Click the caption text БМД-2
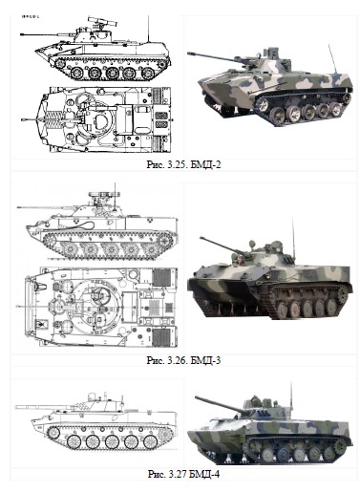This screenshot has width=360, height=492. [x=205, y=164]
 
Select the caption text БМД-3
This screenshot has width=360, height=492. [x=205, y=360]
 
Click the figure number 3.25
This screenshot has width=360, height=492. [x=177, y=164]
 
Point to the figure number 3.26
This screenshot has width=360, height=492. [x=177, y=360]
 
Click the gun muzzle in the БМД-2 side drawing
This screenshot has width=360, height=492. [x=22, y=34]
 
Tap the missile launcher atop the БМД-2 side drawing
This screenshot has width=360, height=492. [x=102, y=22]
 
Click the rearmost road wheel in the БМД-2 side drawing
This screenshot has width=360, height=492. [x=148, y=73]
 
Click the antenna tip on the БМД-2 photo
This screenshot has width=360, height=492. [x=329, y=46]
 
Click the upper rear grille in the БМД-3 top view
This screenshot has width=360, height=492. [x=161, y=278]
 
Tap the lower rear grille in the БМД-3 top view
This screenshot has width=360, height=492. [x=161, y=337]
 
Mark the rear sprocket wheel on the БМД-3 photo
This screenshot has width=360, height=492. [x=343, y=294]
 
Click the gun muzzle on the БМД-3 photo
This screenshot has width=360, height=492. [x=201, y=238]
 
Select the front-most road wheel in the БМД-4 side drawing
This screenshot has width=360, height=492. [x=74, y=442]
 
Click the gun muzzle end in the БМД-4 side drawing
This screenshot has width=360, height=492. [x=17, y=407]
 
